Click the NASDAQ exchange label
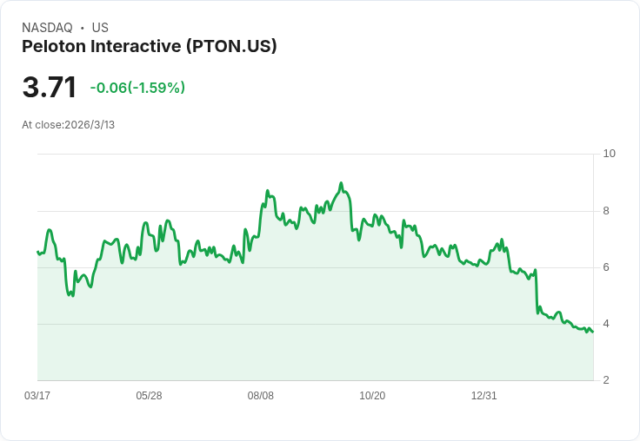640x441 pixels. tap(47, 28)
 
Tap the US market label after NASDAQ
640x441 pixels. tap(100, 28)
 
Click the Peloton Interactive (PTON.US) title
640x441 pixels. tap(150, 47)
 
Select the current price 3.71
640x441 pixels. tap(50, 88)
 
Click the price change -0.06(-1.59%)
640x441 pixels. tap(137, 88)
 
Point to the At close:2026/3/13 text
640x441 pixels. tap(68, 125)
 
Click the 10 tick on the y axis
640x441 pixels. tap(609, 154)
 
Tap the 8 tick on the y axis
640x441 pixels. tap(607, 211)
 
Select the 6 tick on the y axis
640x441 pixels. tap(607, 267)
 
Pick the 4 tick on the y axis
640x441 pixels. tap(607, 324)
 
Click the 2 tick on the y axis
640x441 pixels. tap(607, 380)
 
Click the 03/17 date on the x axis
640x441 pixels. tap(37, 396)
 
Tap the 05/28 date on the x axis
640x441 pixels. tap(149, 396)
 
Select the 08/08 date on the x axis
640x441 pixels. tap(261, 396)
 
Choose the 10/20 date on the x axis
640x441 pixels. tap(372, 396)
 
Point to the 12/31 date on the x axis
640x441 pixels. tap(483, 396)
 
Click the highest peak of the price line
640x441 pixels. tap(341, 183)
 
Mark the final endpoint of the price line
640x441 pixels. tap(593, 332)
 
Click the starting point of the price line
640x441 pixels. tap(37, 252)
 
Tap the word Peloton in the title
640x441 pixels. tap(53, 47)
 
